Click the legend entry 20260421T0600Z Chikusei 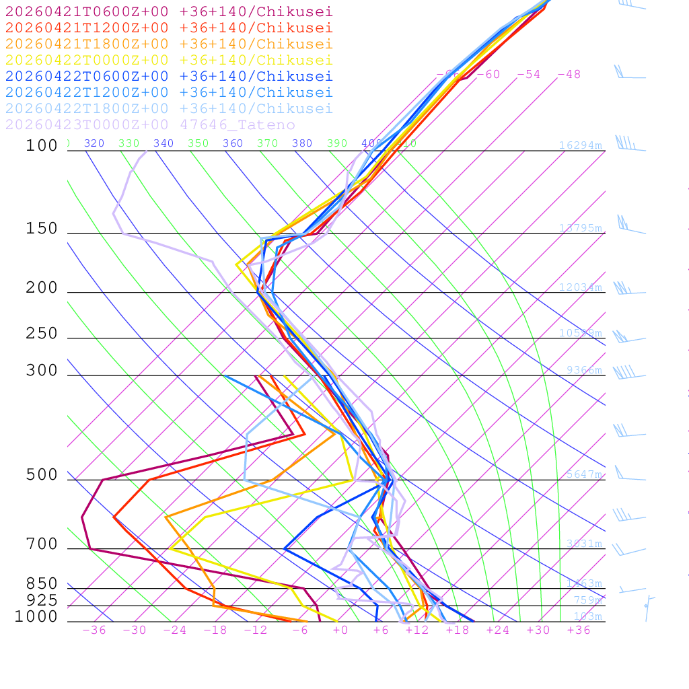point(169,11)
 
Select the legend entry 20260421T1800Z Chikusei point(169,44)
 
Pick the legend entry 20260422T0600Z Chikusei point(169,76)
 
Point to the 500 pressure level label point(42,475)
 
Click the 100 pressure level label point(42,145)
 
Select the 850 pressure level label point(42,583)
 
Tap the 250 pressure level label point(42,334)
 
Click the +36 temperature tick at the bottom point(579,630)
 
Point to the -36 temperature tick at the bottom point(94,630)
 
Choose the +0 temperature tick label point(340,630)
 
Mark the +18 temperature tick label point(458,630)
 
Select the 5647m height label point(584,474)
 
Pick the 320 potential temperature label point(94,143)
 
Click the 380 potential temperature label point(302,143)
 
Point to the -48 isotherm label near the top point(569,75)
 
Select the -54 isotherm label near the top point(529,75)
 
